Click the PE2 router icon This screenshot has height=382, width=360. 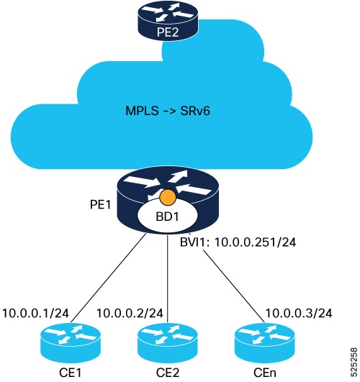click(x=168, y=21)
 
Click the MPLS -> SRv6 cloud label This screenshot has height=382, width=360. click(x=168, y=111)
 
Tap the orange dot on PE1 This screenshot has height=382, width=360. click(x=168, y=196)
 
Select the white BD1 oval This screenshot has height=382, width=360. click(x=168, y=217)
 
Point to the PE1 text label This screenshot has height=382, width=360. click(x=100, y=204)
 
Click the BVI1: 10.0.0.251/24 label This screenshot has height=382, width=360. click(x=238, y=242)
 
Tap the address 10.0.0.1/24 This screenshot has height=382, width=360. click(x=35, y=314)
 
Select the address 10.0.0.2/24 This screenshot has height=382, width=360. click(x=130, y=314)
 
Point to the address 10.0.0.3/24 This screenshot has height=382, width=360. click(x=299, y=314)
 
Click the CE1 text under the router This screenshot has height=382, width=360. click(x=71, y=373)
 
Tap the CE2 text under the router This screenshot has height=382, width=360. click(x=168, y=373)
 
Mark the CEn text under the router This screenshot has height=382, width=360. click(x=265, y=373)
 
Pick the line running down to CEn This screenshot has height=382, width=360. click(x=234, y=286)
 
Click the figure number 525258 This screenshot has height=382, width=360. click(x=354, y=363)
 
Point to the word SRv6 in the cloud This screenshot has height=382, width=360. click(x=195, y=111)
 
